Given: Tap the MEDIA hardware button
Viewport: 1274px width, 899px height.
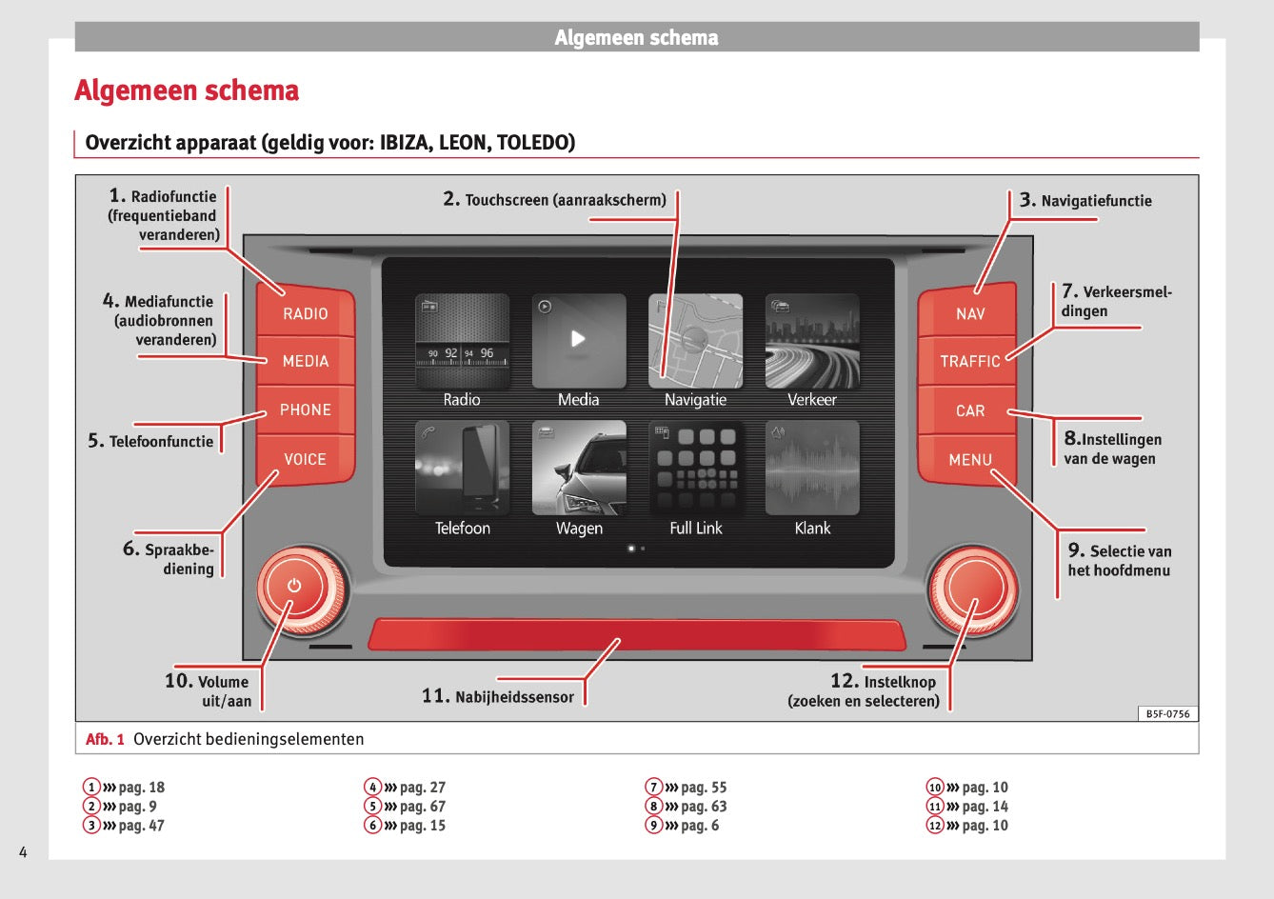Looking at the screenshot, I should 305,361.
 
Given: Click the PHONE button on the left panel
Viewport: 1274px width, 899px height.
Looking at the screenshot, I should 305,410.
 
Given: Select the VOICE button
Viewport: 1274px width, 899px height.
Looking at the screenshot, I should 305,459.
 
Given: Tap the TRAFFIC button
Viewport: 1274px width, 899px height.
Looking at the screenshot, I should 969,361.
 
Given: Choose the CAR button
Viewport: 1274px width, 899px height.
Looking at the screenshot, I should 969,410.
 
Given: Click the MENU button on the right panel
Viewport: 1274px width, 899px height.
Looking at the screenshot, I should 969,460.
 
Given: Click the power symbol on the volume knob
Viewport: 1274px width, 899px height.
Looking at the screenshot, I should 294,586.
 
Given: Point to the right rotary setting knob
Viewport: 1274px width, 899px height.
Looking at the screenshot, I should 973,589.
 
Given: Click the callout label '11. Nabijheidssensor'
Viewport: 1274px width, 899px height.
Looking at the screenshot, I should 498,696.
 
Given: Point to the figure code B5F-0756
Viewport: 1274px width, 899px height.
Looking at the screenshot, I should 1167,714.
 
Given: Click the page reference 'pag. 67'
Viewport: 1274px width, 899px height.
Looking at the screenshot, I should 422,807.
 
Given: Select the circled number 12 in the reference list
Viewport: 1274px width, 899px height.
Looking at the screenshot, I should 935,826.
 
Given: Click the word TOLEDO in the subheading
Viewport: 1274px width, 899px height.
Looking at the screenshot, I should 535,143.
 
